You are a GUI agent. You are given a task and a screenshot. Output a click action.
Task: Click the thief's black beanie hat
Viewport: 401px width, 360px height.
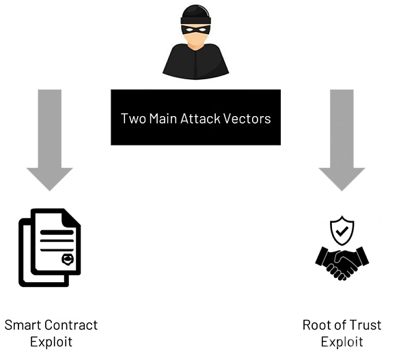coord(196,15)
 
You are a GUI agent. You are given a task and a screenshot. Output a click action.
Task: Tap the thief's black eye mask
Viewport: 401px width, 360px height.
coord(196,29)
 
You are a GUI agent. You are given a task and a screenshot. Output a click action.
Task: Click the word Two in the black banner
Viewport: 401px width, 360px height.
coord(133,119)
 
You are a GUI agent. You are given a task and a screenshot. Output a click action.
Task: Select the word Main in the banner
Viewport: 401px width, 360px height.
coord(163,119)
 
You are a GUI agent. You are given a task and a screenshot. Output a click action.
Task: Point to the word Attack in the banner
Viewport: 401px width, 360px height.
coord(200,119)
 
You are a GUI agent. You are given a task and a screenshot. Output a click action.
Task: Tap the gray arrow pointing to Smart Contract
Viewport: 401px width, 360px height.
coord(50,140)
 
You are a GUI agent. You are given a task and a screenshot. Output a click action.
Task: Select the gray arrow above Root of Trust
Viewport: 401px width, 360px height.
coord(342,140)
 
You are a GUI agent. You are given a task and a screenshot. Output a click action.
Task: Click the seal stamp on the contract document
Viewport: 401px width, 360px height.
coord(68,260)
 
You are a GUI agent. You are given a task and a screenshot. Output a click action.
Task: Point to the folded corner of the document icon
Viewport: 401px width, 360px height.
coord(71,217)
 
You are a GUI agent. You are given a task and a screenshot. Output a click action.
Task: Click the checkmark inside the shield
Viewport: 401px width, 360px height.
coord(342,231)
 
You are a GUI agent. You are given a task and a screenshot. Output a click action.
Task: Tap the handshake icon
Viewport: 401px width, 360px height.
coord(342,264)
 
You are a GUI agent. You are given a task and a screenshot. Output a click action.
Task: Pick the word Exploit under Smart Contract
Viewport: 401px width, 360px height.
coord(51,342)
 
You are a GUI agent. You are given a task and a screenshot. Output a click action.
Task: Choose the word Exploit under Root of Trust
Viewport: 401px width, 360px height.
coord(342,342)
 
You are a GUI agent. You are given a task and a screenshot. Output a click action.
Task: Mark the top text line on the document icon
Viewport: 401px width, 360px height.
coord(57,232)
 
